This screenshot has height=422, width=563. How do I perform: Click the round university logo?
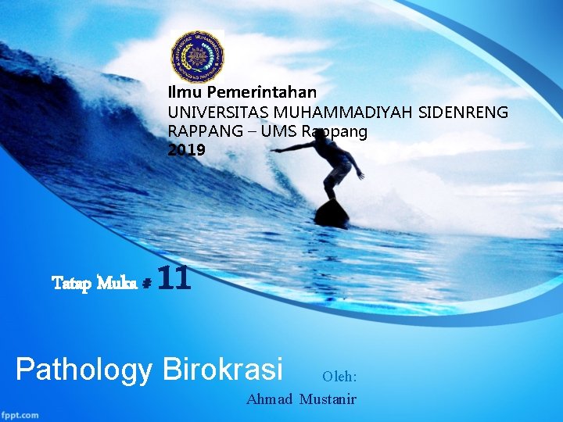(197, 57)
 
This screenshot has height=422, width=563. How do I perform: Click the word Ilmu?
(181, 92)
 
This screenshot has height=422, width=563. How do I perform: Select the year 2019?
(186, 149)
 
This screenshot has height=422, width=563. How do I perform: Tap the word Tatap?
(72, 281)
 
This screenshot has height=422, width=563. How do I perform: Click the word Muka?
(118, 281)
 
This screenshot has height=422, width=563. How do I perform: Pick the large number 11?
(174, 278)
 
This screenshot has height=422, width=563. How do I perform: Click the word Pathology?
(83, 369)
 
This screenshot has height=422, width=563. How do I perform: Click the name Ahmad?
(269, 399)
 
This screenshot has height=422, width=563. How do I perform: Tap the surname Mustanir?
(328, 399)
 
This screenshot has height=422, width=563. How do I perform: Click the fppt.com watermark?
(21, 414)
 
